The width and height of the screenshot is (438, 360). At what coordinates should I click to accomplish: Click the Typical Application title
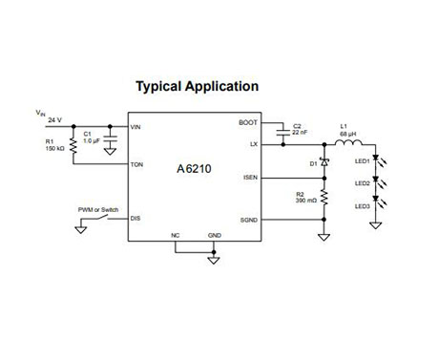coord(197,86)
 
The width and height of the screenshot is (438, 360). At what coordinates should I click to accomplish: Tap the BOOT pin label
coord(248,123)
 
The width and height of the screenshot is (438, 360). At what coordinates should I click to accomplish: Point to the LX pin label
coord(253,143)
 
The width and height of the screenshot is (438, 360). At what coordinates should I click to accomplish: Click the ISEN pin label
coord(250,178)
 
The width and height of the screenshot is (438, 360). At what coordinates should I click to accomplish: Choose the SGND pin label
coord(248,219)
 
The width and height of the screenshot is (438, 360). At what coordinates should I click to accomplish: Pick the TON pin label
coord(137,164)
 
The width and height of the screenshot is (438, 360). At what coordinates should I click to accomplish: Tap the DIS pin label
coord(136,219)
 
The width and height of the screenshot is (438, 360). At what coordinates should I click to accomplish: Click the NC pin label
coord(176,234)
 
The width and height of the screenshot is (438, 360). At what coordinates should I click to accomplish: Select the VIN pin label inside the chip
coord(136,125)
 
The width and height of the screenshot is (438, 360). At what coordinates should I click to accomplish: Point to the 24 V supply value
coord(53,120)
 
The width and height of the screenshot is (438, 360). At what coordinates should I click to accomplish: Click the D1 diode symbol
coord(323,161)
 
